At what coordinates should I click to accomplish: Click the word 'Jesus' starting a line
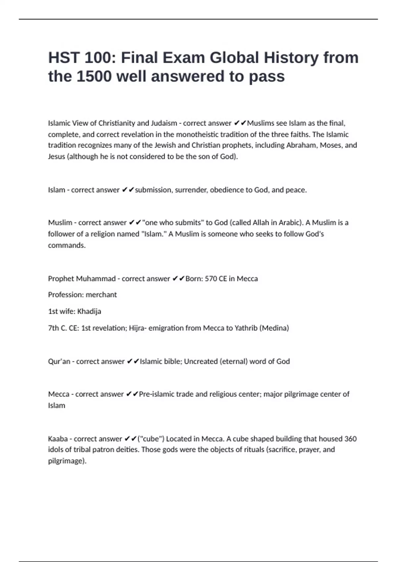click(x=56, y=156)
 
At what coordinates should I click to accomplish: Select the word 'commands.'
click(x=67, y=245)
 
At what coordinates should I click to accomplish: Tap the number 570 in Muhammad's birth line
click(x=211, y=278)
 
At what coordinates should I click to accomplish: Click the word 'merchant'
click(x=101, y=295)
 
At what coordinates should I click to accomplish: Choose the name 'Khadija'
click(x=89, y=311)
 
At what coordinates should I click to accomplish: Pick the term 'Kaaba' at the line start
click(x=58, y=439)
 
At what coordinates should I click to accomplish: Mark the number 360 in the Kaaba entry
click(x=350, y=439)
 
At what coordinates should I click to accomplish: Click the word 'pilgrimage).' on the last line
click(x=67, y=461)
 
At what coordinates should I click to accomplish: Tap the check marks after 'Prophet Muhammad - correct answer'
click(x=178, y=279)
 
